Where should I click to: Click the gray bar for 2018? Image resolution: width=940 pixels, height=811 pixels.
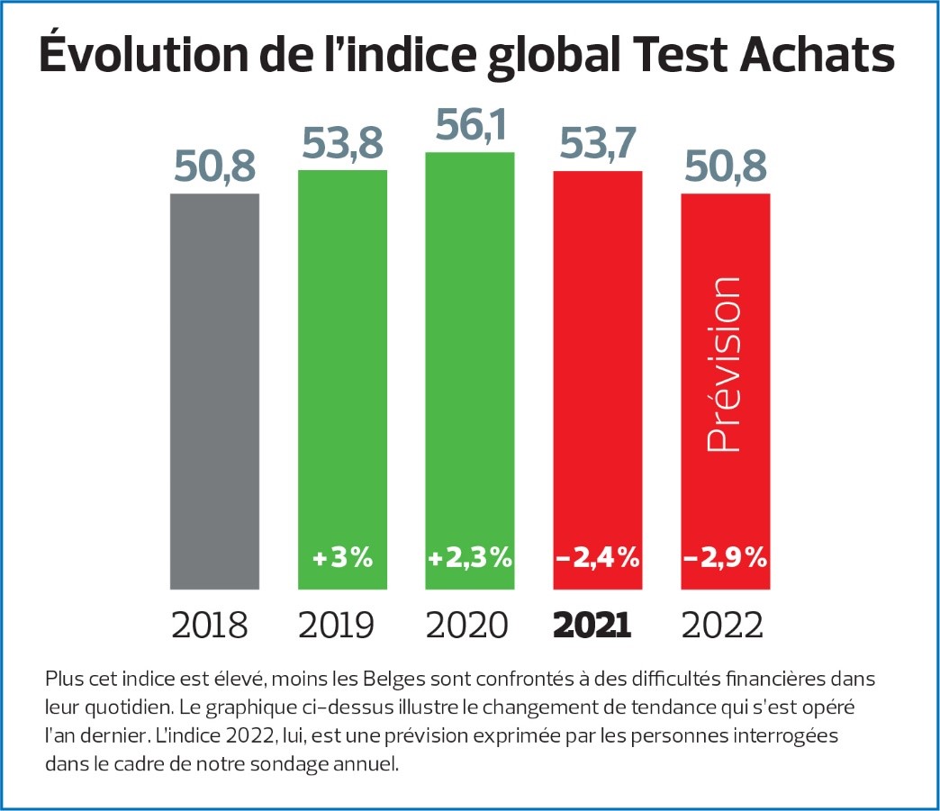214,392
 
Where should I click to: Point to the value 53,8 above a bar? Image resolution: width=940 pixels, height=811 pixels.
342,144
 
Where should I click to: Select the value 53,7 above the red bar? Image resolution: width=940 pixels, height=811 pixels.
597,144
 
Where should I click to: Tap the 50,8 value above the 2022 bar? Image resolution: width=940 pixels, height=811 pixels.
725,167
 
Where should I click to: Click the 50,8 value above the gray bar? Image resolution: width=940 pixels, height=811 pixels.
214,167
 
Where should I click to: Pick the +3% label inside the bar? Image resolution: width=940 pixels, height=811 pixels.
342,558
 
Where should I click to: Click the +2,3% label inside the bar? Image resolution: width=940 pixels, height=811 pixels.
470,558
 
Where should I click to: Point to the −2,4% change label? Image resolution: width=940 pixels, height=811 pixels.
597,558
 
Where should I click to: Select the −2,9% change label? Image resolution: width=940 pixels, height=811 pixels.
725,558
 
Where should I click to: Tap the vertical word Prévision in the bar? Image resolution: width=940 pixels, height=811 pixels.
725,365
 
